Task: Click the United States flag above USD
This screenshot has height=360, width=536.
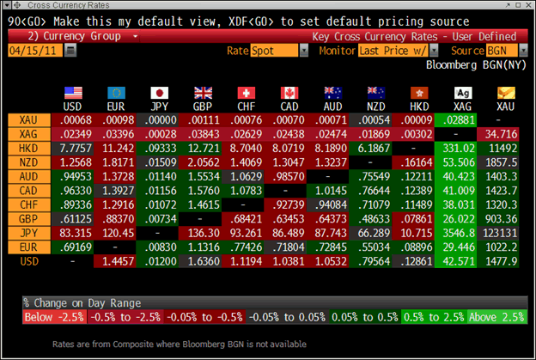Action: pyautogui.click(x=73, y=92)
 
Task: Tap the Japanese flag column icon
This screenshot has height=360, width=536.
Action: pyautogui.click(x=160, y=92)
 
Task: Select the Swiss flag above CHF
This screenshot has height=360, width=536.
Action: pyautogui.click(x=247, y=92)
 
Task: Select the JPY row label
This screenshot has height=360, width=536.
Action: pyautogui.click(x=29, y=231)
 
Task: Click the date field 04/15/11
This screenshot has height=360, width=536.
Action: pyautogui.click(x=34, y=52)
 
